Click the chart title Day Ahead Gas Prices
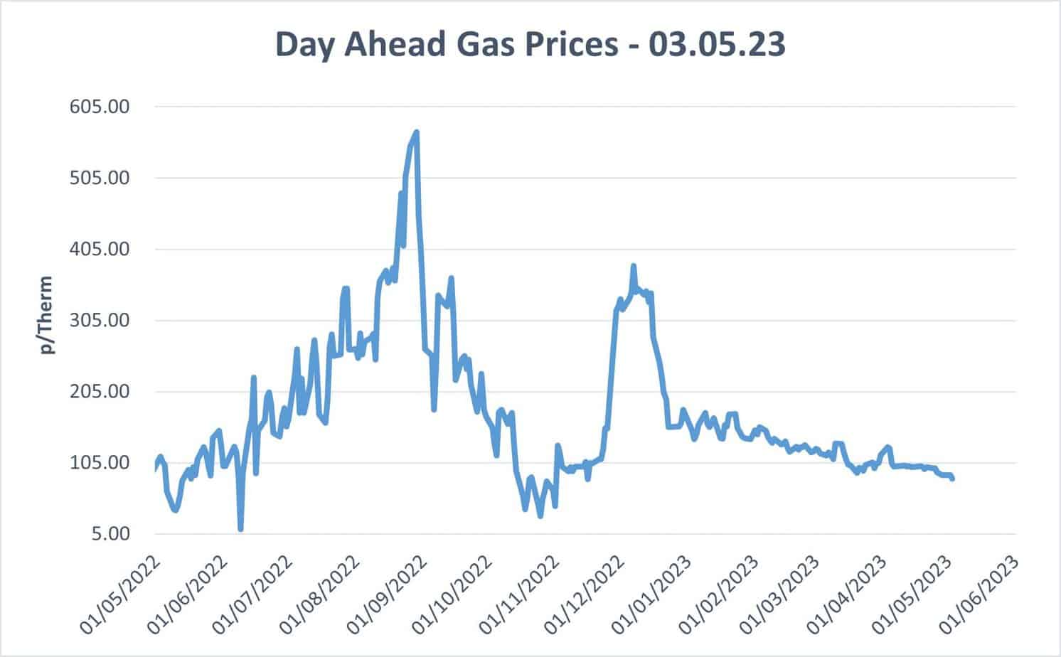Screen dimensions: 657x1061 coord(530,44)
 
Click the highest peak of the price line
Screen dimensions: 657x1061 coord(417,132)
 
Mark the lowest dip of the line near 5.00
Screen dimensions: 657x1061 coord(241,529)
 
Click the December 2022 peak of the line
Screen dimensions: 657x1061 coord(633,266)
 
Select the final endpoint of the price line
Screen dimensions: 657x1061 coord(952,479)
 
